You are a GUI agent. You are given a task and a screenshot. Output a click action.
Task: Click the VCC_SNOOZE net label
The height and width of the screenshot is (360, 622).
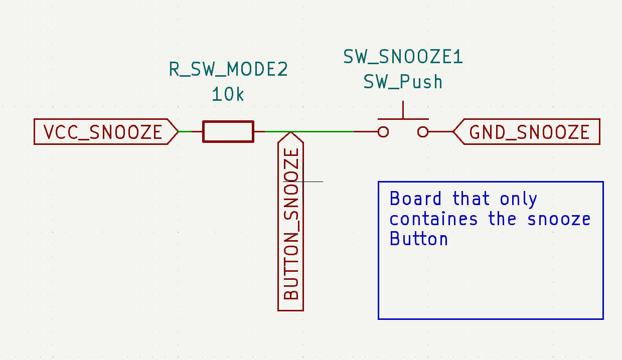coord(103,132)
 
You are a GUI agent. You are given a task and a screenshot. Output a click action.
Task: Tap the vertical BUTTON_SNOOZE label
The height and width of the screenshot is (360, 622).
coord(291,223)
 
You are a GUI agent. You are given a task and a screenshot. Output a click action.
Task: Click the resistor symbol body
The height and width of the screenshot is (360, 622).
coord(228,131)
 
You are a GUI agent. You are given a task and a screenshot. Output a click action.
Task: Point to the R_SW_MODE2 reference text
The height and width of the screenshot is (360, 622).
coord(228,70)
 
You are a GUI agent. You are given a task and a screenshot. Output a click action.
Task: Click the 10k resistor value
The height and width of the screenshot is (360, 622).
coord(228,94)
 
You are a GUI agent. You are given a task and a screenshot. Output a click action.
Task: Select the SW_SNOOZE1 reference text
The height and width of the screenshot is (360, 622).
coord(403,57)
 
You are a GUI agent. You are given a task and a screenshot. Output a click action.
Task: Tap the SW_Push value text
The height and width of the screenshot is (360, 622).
coord(403,81)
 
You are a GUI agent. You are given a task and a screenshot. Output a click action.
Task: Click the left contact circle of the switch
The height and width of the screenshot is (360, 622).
coord(383,132)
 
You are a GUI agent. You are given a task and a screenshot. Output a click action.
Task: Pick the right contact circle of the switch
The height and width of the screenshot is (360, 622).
coord(423,132)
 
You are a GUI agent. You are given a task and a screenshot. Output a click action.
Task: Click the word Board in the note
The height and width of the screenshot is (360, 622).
coord(416,199)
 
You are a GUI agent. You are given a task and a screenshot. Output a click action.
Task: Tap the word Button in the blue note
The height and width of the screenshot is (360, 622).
coord(419,239)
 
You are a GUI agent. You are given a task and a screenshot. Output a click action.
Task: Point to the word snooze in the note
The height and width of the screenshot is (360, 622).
coord(559,219)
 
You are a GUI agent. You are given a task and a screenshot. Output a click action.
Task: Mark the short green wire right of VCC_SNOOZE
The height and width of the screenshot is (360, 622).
coord(185,131)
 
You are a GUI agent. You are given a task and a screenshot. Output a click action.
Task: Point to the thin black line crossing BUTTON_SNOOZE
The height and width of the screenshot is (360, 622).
coord(313,182)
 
